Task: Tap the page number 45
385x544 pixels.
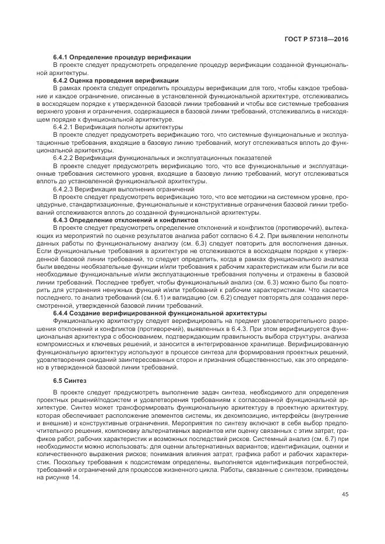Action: [x=345, y=495]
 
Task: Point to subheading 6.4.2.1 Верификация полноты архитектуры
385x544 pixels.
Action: [x=118, y=126]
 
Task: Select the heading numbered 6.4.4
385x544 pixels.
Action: [x=63, y=314]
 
